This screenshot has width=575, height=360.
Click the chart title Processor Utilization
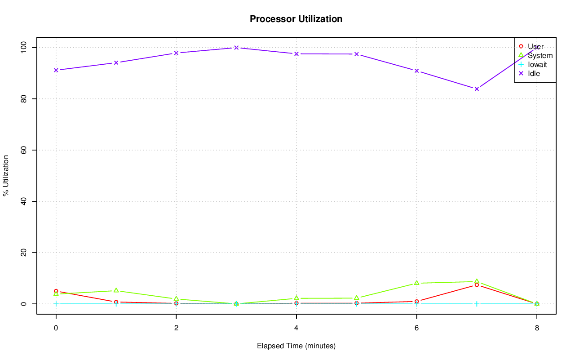tap(296, 19)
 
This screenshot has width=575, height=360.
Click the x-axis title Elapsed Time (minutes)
tap(296, 346)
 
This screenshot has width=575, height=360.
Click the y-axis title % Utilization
tap(6, 176)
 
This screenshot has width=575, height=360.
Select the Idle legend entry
tap(534, 73)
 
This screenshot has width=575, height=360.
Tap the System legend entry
tap(540, 56)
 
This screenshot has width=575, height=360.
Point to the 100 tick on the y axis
tap(23, 47)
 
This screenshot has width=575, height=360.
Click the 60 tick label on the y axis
tap(23, 150)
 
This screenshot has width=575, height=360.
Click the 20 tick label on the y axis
tap(23, 253)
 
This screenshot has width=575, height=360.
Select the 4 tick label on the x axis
tap(296, 328)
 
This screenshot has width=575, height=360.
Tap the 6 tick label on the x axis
tap(416, 328)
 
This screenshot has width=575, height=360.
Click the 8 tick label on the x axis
tap(537, 328)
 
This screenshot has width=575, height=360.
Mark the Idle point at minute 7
tap(477, 89)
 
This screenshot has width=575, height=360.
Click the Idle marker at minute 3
tap(236, 48)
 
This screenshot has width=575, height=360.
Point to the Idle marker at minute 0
tap(56, 70)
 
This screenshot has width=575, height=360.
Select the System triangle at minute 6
tap(416, 283)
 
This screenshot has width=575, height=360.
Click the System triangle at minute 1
tap(116, 290)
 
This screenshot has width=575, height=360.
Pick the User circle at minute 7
tap(477, 285)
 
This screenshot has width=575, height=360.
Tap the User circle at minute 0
tap(56, 291)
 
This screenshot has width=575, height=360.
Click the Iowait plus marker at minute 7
tap(477, 304)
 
